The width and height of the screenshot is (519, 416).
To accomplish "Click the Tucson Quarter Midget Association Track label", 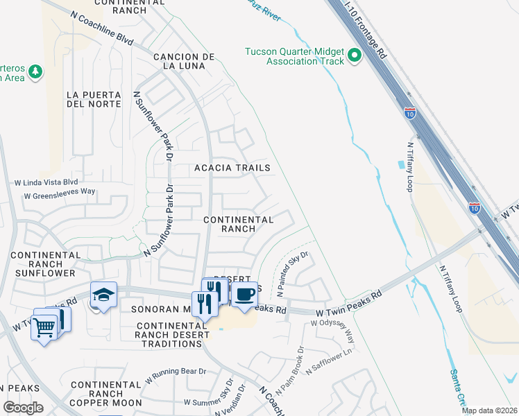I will point(295,55).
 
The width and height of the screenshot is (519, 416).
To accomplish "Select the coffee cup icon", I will point(244,294).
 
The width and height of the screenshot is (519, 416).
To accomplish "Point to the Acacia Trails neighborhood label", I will point(232,168).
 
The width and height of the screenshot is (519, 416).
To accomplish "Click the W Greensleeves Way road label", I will point(60,195).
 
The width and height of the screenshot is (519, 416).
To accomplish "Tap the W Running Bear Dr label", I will point(176,376).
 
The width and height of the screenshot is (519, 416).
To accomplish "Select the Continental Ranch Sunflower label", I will point(46,264).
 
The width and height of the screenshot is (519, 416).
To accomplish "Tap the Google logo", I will point(23,408).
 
